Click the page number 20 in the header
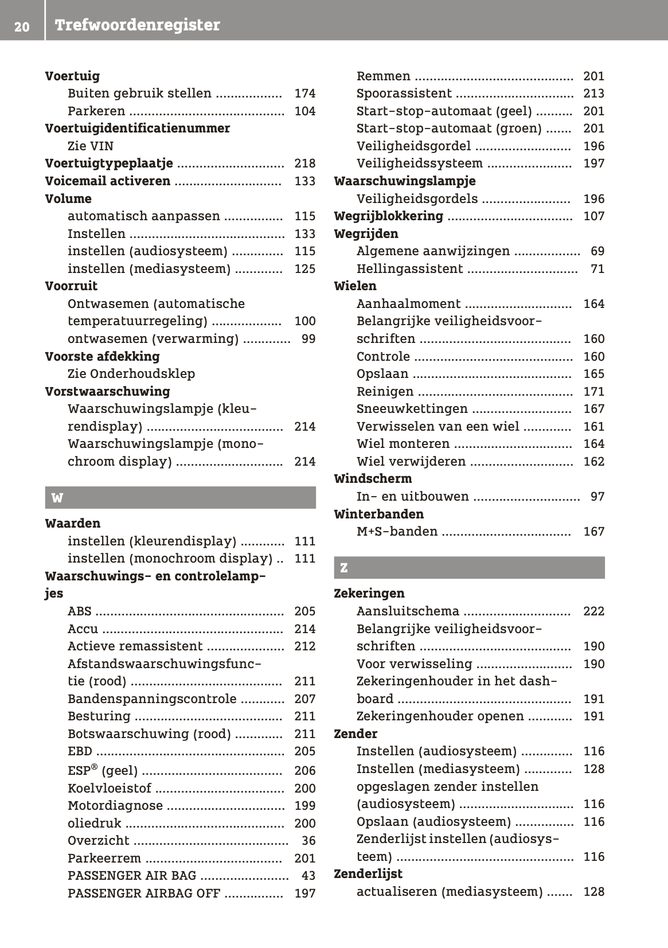22,26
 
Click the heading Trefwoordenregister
137,25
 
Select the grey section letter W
57,498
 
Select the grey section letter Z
343,568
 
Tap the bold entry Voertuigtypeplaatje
109,163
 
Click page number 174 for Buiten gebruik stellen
304,93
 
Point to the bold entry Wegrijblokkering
388,216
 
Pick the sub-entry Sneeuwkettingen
412,409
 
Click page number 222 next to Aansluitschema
593,611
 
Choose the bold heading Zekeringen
369,594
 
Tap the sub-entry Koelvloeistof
110,789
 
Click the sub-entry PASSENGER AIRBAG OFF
143,894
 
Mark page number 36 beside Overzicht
308,841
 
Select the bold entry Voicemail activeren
108,181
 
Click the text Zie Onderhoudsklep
131,374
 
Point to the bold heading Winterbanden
378,514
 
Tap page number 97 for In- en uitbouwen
597,497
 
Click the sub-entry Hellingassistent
409,269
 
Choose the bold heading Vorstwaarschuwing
107,392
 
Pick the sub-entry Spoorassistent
404,93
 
